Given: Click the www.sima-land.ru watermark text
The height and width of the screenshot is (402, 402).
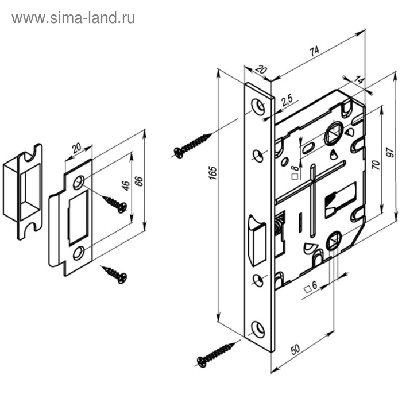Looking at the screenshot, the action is click(x=74, y=18).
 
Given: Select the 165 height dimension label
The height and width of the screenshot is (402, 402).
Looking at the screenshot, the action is click(x=213, y=173).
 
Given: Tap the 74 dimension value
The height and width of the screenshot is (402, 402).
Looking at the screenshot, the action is click(x=314, y=51).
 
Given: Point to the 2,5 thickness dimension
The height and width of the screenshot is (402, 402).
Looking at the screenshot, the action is click(x=287, y=100).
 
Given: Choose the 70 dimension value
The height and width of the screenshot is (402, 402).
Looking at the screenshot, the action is click(x=376, y=165).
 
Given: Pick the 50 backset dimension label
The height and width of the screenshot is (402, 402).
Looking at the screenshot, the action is click(x=295, y=349).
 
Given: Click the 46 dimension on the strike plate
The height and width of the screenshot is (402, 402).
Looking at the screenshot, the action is click(x=126, y=185).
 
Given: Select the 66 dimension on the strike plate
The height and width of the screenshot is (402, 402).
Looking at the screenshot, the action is click(x=139, y=181).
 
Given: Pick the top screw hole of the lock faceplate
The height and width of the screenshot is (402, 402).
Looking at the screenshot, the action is click(x=258, y=106).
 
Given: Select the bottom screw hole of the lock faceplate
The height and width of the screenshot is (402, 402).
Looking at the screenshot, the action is click(x=258, y=328).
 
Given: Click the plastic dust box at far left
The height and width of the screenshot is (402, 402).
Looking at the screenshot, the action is click(x=22, y=192).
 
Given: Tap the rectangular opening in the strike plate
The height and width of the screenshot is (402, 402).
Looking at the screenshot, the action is click(x=78, y=218).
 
